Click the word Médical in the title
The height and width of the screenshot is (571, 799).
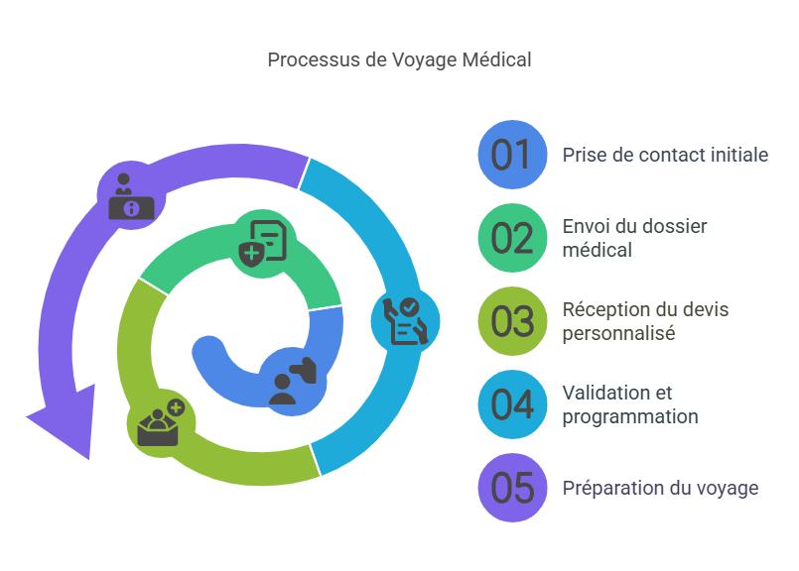tap(497, 59)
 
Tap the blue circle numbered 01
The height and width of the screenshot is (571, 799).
tap(512, 155)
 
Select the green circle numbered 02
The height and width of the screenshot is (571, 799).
tap(512, 238)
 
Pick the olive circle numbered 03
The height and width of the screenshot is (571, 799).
tap(512, 321)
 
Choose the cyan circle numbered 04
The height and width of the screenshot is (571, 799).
tap(512, 404)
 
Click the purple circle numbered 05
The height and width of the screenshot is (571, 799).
tap(512, 488)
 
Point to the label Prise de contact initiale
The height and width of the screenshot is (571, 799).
tap(665, 155)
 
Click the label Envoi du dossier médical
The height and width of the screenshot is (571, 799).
tap(634, 238)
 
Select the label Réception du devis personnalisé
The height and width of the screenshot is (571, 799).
tap(645, 321)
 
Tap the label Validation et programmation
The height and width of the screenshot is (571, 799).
tap(629, 404)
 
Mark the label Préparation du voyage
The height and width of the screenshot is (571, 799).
tap(660, 488)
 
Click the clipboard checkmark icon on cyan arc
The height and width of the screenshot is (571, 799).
tap(405, 320)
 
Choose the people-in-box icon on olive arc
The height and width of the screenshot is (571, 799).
tap(160, 423)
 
